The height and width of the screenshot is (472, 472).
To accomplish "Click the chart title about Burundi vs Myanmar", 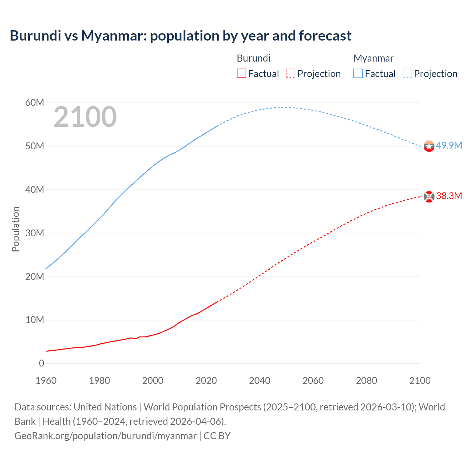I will pyautogui.click(x=180, y=36).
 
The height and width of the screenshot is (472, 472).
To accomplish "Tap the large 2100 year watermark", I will pyautogui.click(x=85, y=117).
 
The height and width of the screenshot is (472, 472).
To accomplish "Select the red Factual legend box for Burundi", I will pyautogui.click(x=241, y=73).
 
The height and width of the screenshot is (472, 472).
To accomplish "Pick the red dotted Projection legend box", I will pyautogui.click(x=291, y=73).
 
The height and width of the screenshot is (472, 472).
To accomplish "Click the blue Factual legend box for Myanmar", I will pyautogui.click(x=358, y=73).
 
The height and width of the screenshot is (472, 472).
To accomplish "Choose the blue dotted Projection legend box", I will pyautogui.click(x=407, y=73).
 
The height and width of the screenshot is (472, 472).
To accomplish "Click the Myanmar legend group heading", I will pyautogui.click(x=373, y=58).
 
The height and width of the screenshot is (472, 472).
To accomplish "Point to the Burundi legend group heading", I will pyautogui.click(x=253, y=58).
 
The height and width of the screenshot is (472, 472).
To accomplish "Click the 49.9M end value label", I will pyautogui.click(x=449, y=145).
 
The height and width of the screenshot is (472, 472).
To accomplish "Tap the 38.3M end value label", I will pyautogui.click(x=449, y=196).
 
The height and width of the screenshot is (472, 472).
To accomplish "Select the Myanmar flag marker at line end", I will pyautogui.click(x=429, y=146).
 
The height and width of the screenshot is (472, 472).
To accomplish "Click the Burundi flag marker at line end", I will pyautogui.click(x=429, y=197).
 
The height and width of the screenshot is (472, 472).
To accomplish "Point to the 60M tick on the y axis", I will pyautogui.click(x=35, y=103).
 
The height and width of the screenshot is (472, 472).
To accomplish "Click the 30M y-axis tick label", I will pyautogui.click(x=35, y=233).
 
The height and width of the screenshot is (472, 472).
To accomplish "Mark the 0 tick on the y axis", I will pyautogui.click(x=41, y=363).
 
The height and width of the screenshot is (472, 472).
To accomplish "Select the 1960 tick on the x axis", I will pyautogui.click(x=46, y=381).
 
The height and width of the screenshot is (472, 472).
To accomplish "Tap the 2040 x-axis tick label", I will pyautogui.click(x=260, y=381).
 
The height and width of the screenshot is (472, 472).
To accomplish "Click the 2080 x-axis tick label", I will pyautogui.click(x=367, y=381).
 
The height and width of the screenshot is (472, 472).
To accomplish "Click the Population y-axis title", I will pyautogui.click(x=15, y=229).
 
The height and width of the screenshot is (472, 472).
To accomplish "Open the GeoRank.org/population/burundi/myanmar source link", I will pyautogui.click(x=105, y=436).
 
